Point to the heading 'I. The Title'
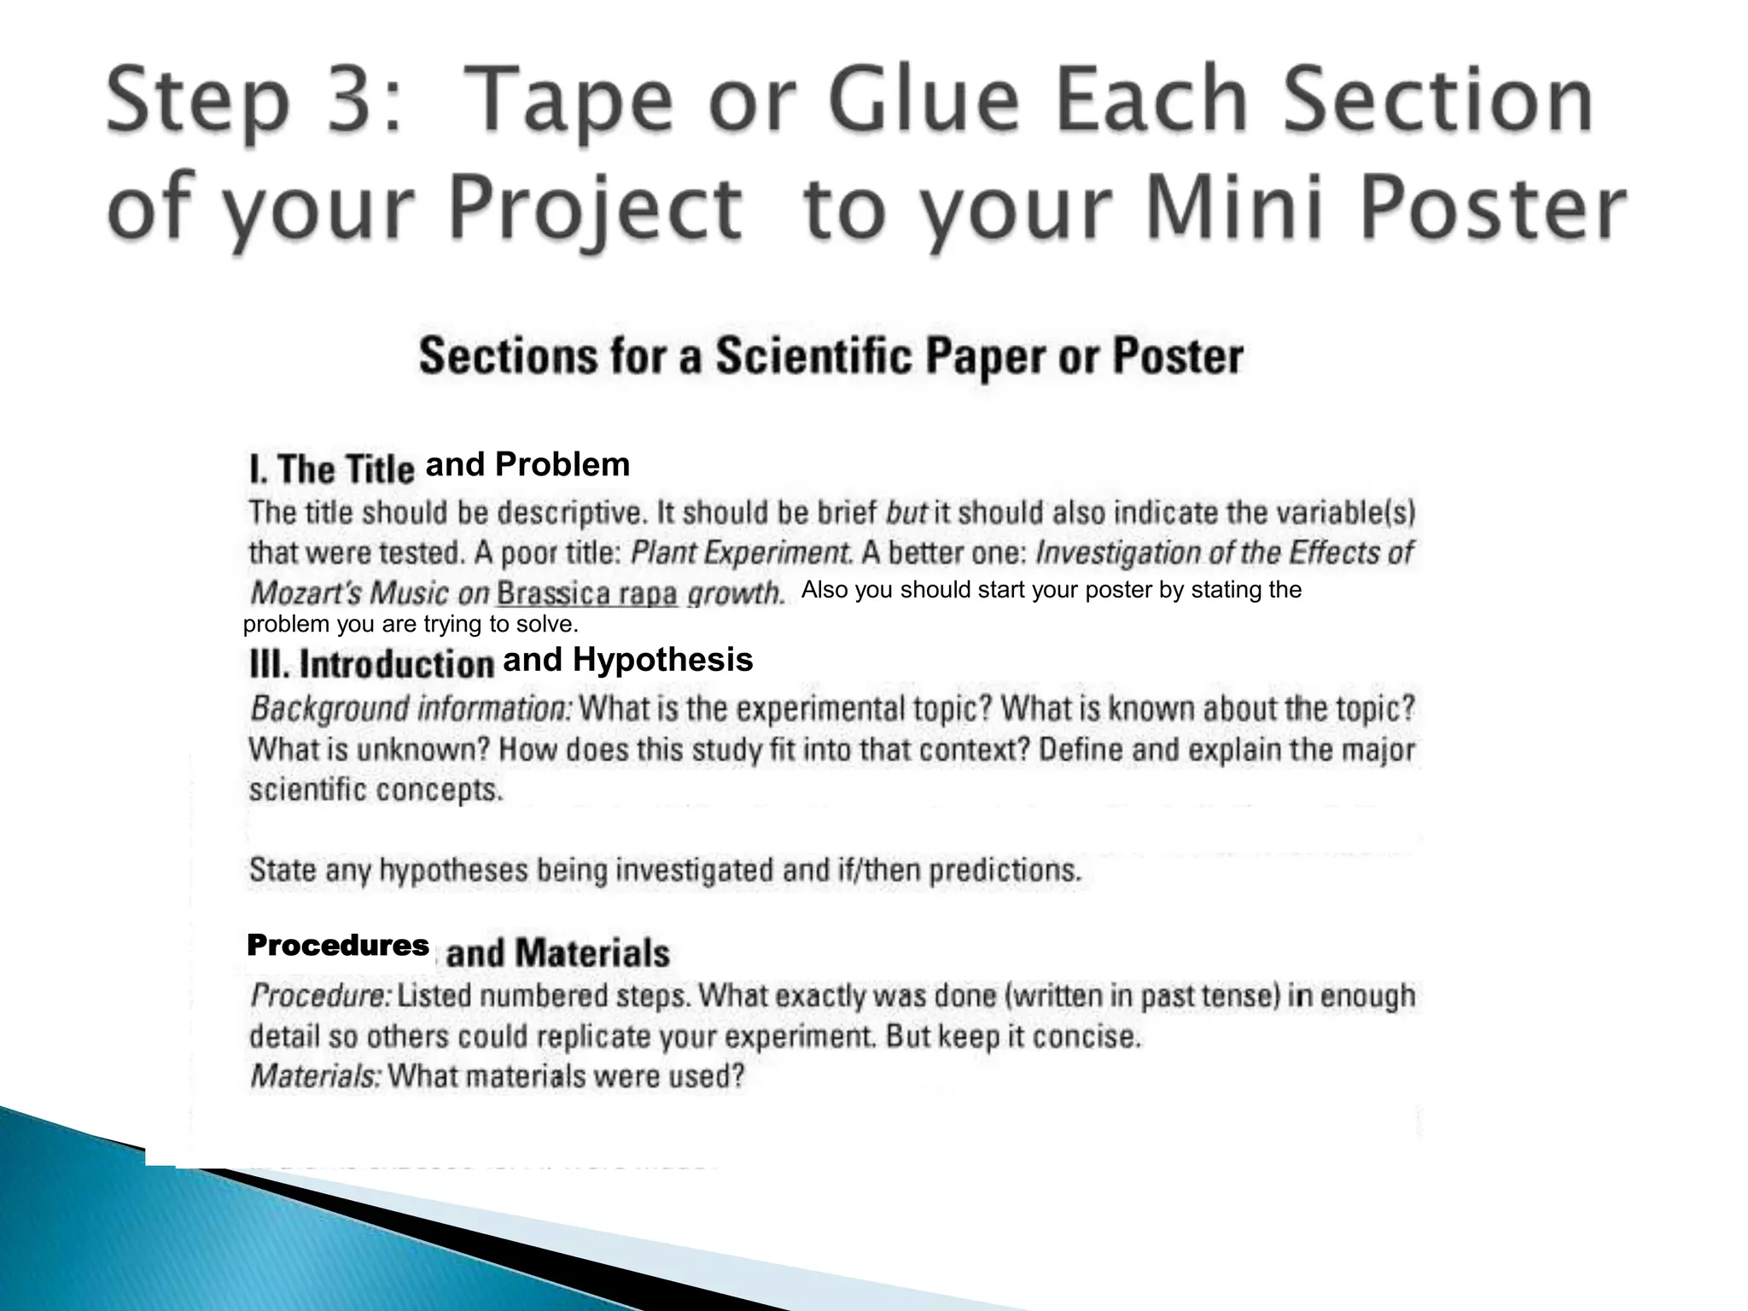(331, 469)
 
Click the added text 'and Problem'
(527, 465)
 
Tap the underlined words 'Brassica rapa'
(587, 593)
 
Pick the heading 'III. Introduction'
(371, 664)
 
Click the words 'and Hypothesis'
(628, 660)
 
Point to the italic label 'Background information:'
(411, 709)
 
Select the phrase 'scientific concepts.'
(376, 790)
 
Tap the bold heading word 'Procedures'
(338, 946)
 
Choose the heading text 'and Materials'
(558, 953)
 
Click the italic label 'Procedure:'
(321, 996)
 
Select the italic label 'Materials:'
(315, 1076)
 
